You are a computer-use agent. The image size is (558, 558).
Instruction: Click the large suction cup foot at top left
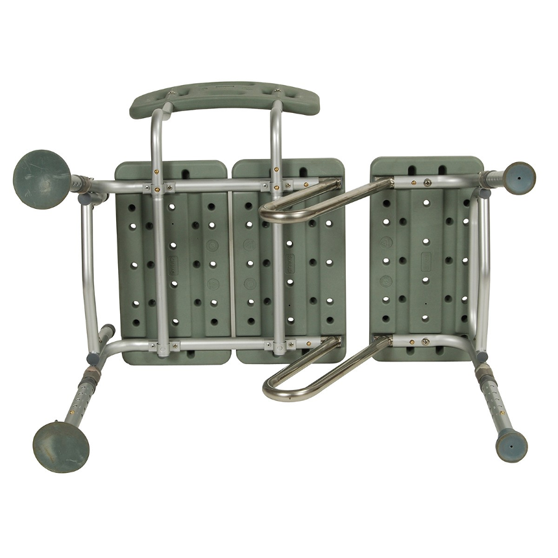pos(40,173)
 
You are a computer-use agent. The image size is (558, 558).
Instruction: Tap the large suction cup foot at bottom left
pos(60,446)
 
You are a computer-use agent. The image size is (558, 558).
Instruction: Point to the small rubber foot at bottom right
pos(512,444)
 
